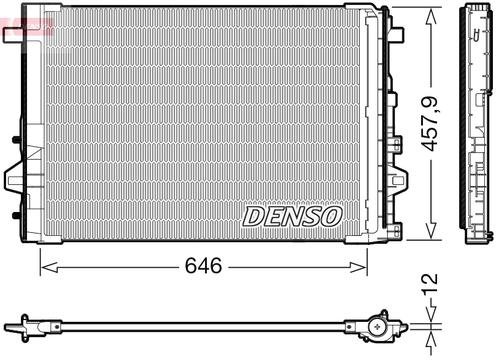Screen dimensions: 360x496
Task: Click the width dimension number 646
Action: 203,267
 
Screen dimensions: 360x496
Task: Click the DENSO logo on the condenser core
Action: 292,216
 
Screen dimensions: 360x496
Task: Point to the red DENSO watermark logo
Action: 28,26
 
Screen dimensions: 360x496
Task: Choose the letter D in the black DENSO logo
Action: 254,216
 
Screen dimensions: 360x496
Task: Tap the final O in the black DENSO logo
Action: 331,216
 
